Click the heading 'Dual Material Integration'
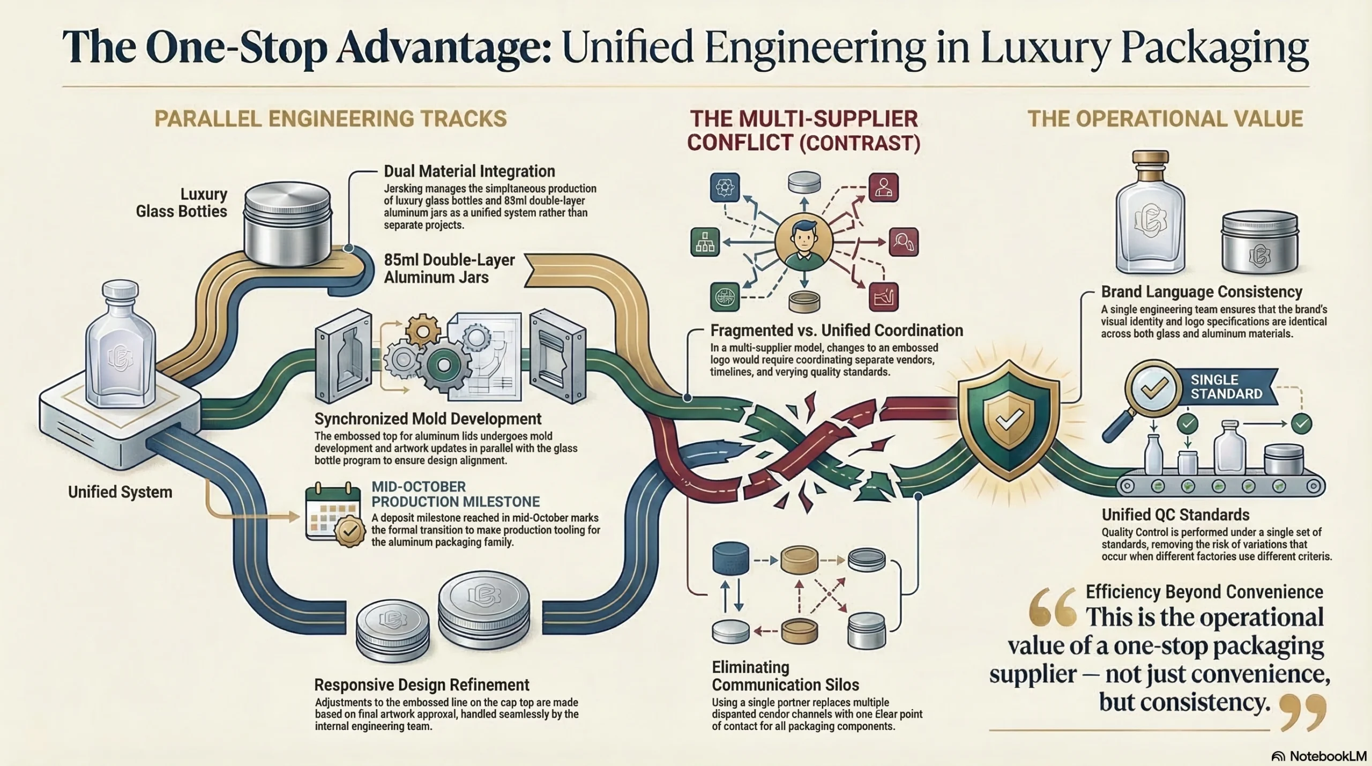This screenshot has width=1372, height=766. pos(469,171)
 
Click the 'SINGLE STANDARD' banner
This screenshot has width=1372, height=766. pos(1226,386)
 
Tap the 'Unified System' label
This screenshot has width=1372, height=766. pos(120,492)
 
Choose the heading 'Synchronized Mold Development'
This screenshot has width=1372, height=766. pos(428,419)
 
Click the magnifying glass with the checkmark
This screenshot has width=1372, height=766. pos(1148,395)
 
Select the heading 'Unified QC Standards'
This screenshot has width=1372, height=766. pos(1175,515)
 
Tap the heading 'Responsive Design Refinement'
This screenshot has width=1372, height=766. pos(421,685)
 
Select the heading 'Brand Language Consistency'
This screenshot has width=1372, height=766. pos(1202,292)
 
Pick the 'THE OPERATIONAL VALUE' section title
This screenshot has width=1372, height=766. pos(1165,118)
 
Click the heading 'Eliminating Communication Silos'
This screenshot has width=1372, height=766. pos(785,676)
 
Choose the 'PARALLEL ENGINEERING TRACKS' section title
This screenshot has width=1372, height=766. pos(330,118)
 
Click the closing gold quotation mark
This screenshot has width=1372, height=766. pos(1302,712)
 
